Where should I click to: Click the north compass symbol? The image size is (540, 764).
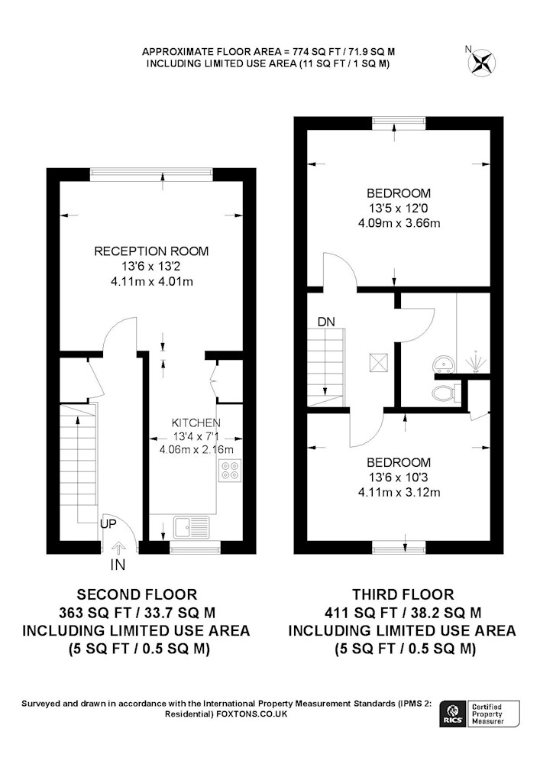481,60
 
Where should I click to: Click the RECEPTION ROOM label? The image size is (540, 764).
151,251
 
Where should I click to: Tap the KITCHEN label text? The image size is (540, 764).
196,422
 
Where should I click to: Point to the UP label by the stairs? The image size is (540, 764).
108,525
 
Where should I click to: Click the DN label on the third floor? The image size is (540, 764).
325,321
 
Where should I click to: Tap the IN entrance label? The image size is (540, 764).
118,565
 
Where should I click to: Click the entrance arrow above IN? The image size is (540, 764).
118,546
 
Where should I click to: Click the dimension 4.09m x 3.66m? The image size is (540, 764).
399,223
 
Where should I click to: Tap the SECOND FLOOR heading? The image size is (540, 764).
137,594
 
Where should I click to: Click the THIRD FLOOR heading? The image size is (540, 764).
403,594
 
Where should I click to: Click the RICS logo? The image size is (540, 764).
451,714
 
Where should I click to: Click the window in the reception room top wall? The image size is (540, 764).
151,173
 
